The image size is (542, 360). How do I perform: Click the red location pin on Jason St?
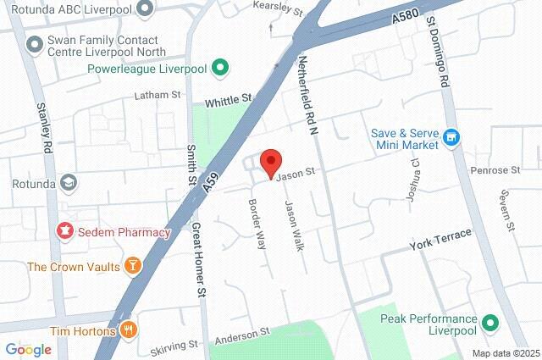(x=270, y=161)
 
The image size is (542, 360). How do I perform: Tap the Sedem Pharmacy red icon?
(x=64, y=230)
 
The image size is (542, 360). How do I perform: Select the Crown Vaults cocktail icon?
(x=131, y=267)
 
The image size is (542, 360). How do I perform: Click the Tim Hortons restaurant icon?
(x=128, y=329)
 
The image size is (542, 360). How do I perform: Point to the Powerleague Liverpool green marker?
(x=220, y=67)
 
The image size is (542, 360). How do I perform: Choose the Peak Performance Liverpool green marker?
(x=490, y=322)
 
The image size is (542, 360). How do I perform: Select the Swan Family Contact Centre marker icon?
(x=34, y=43)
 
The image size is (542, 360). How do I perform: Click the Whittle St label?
(x=229, y=99)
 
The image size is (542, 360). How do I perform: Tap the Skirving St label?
(x=174, y=345)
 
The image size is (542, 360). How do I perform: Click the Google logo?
(x=28, y=349)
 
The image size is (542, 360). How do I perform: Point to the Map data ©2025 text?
(x=505, y=353)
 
